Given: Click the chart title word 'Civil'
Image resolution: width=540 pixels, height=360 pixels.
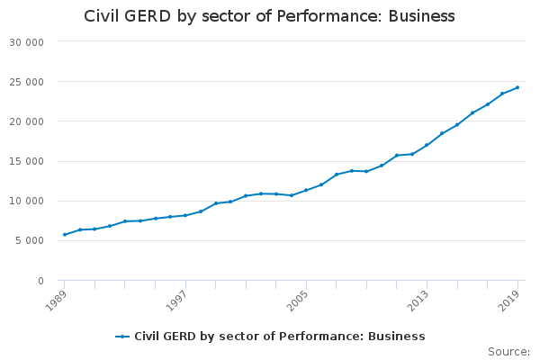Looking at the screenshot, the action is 102,16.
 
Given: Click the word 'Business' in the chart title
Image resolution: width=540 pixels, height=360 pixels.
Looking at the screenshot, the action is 421,16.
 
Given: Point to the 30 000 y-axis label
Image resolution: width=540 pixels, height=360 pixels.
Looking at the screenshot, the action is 26,42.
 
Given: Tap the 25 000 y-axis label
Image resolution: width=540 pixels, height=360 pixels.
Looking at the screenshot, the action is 26,82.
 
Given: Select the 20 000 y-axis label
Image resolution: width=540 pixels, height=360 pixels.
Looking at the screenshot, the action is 26,121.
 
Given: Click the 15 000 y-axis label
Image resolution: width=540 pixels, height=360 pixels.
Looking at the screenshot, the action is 26,161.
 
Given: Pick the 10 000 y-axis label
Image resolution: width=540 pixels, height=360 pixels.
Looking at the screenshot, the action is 26,201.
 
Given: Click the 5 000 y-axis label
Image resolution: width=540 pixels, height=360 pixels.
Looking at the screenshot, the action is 30,240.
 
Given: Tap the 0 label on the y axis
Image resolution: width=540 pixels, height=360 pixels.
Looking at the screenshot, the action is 40,281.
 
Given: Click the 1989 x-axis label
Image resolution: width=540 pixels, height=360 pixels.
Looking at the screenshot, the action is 56,301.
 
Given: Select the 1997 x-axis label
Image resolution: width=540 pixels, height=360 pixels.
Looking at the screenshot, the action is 176,301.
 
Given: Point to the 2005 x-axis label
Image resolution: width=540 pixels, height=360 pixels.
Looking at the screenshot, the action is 298,301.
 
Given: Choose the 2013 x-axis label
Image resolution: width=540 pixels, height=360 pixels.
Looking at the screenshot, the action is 418,301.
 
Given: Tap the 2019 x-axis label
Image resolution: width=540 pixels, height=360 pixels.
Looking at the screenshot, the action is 509,301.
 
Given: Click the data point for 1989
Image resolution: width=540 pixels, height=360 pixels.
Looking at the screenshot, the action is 65,235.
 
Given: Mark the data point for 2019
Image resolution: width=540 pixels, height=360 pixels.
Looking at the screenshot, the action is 517,87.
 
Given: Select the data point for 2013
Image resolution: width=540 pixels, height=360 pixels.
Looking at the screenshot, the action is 427,145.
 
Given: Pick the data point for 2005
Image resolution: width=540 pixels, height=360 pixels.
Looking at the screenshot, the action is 306,190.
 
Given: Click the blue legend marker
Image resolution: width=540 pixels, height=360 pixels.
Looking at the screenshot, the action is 122,337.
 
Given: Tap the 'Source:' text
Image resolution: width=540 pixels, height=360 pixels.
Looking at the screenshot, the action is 508,352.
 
